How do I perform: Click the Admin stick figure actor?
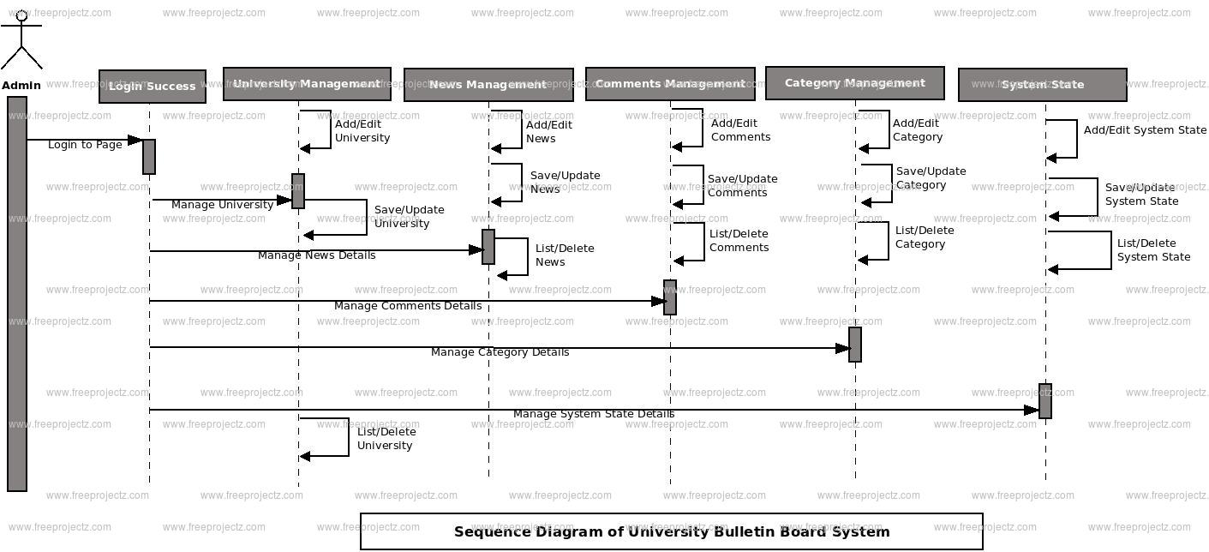(21, 41)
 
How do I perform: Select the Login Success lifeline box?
(153, 87)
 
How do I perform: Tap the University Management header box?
(307, 84)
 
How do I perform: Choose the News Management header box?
(488, 85)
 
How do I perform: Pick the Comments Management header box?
(670, 84)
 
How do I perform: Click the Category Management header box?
(854, 83)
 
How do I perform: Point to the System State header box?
(1042, 85)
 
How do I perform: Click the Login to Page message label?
(85, 145)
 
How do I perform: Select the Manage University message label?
(222, 205)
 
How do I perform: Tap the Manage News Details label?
(316, 255)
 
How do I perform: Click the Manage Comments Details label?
(407, 306)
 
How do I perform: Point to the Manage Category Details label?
(500, 352)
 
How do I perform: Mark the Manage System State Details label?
(593, 414)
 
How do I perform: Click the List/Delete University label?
(386, 438)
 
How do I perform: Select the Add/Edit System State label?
(1145, 130)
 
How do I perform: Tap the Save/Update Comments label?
(742, 186)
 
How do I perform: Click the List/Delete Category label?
(925, 237)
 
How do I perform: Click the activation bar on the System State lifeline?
(1045, 400)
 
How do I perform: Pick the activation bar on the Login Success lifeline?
(149, 157)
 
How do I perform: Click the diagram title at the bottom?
(672, 531)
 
